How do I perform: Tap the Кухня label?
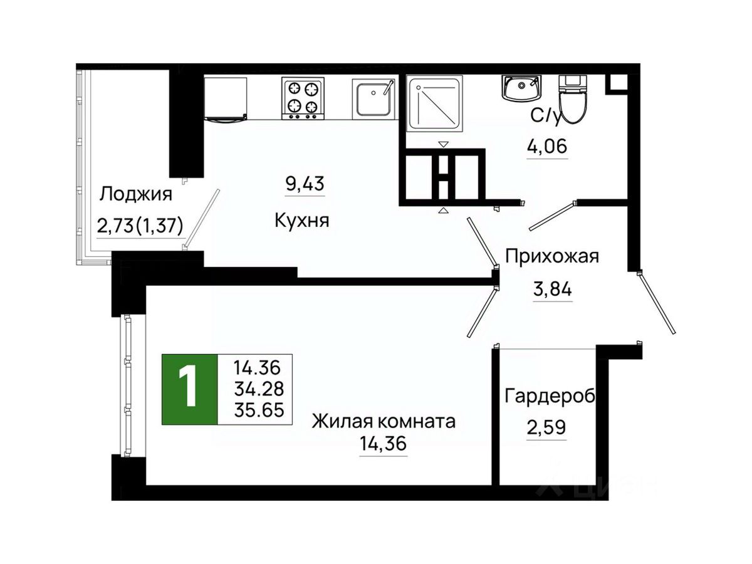[301, 221]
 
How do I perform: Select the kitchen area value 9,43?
[305, 184]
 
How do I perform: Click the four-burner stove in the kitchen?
[303, 98]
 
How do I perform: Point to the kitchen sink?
[373, 98]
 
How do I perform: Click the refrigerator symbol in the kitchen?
[226, 99]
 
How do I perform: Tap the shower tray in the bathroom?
[434, 104]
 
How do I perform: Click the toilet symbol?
[572, 99]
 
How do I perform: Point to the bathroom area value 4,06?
[547, 147]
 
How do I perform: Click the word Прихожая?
[552, 256]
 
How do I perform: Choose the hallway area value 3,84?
[552, 290]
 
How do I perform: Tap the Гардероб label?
[550, 397]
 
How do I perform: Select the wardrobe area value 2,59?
[546, 427]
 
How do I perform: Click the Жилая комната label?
[384, 422]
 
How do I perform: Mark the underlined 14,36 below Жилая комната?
[383, 444]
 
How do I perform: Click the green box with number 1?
[189, 389]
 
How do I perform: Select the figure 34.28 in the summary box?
[259, 389]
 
